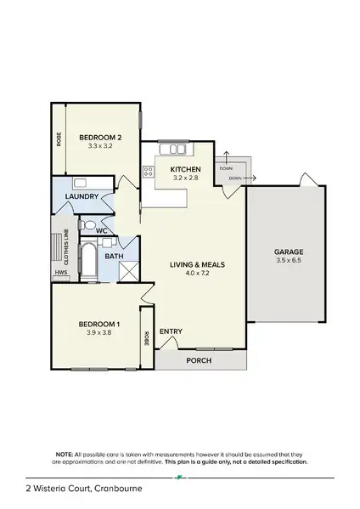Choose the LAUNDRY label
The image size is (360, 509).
pos(83,197)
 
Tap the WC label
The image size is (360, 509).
pos(101,229)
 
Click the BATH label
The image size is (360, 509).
pos(114,255)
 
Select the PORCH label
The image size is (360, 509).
pos(199,360)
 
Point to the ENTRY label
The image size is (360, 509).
pos(171,331)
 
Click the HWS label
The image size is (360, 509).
pos(60,272)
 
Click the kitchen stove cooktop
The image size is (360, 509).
pos(148,172)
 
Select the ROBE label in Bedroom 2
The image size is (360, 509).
pos(59,139)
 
